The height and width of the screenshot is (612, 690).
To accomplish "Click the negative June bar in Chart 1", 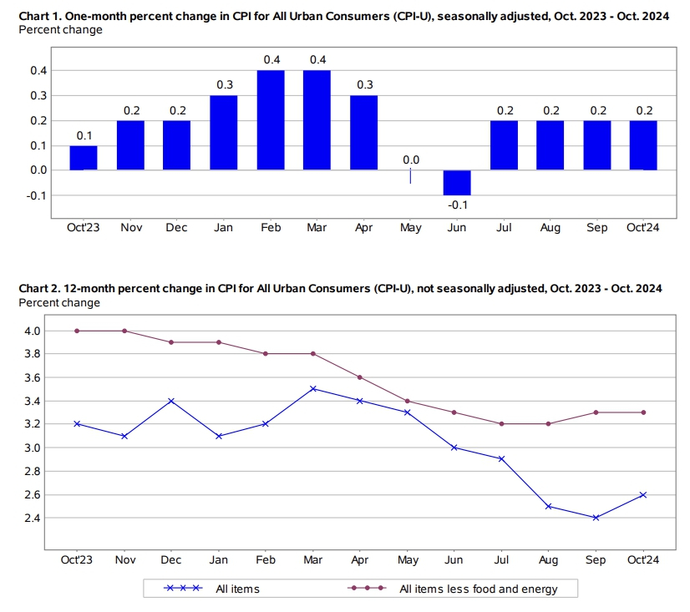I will coord(457,183).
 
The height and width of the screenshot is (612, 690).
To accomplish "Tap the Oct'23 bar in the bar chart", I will coord(83,158).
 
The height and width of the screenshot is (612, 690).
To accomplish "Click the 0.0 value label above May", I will coord(410,159).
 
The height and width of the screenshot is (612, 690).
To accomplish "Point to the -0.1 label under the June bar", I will coord(457,205).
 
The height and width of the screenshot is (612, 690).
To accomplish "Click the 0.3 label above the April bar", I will coord(363,84).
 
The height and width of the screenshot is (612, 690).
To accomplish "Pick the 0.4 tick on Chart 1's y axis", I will coord(38,71).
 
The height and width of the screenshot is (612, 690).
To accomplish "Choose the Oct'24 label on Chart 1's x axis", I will coord(643,228).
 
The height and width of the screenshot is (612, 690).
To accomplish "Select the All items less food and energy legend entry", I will coord(478,589).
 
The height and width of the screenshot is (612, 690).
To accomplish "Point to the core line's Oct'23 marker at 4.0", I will coord(77,331).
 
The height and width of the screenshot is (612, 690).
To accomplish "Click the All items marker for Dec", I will coord(170,401).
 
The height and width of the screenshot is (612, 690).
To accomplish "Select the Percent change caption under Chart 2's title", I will coord(59,302).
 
